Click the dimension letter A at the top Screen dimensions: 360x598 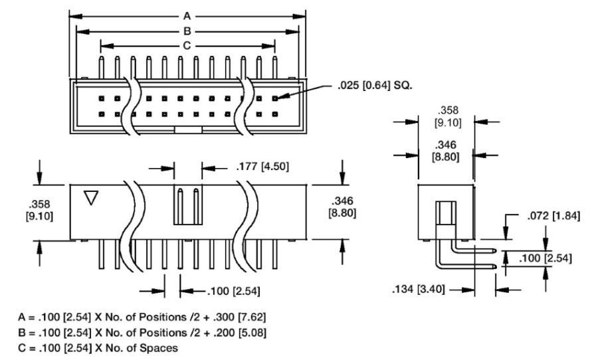187,15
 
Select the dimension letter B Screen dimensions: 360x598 187,31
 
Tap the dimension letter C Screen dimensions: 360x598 187,46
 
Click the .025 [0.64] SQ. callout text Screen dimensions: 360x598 379,85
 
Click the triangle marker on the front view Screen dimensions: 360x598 92,198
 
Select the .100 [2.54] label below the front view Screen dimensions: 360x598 224,290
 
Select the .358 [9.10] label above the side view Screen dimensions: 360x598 445,116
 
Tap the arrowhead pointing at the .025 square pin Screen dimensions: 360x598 283,98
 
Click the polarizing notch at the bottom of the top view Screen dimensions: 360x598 188,130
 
